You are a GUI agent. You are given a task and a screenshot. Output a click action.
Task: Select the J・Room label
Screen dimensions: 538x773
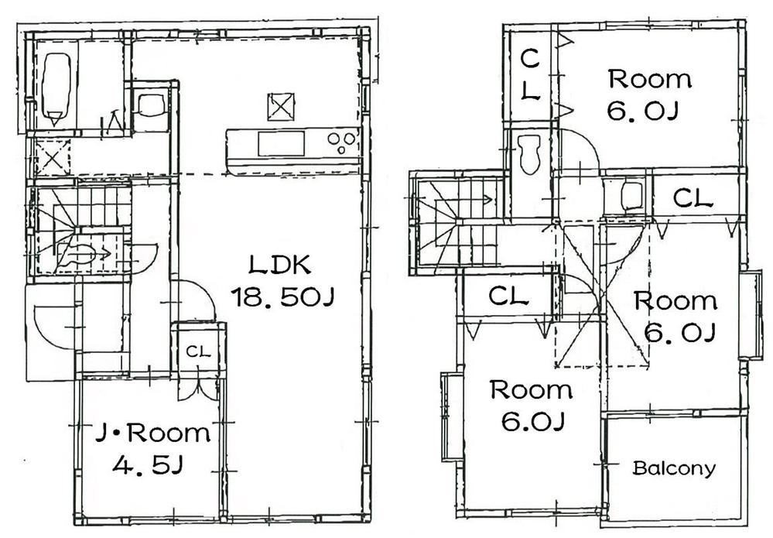click(152, 433)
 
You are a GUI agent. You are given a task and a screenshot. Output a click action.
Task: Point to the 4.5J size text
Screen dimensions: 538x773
click(149, 465)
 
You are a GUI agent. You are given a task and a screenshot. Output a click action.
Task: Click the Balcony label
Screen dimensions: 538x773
click(674, 468)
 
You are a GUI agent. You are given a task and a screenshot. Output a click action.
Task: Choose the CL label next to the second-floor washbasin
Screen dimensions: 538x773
click(693, 198)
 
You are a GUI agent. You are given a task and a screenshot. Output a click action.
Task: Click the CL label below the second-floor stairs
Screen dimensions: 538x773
click(508, 295)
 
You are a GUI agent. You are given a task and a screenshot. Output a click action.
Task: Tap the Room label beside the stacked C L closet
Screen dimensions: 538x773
click(648, 79)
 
